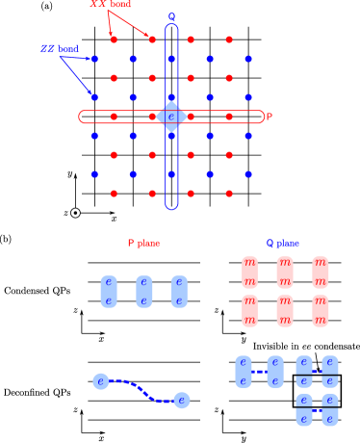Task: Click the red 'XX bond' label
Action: coord(111,5)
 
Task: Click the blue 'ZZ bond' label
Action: coord(60,49)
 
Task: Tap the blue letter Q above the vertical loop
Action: coord(171,17)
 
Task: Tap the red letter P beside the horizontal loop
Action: coord(270,117)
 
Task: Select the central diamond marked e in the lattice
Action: coord(171,117)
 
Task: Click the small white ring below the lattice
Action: coord(75,213)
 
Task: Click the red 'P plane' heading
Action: coord(143,244)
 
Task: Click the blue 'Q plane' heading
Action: coord(283,244)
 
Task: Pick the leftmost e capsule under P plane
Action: coord(109,291)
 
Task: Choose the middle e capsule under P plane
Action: coord(144,291)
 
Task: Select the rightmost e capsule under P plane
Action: coord(179,291)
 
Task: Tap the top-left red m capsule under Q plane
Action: coord(249,272)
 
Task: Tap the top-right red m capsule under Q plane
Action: coord(320,272)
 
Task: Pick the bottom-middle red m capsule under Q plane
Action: coord(285,310)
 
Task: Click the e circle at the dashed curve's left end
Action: coord(101,381)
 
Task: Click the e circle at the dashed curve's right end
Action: coord(181,400)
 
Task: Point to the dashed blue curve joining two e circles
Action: coord(141,389)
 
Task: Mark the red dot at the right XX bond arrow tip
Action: coord(152,39)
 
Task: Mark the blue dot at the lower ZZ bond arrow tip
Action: coord(94,97)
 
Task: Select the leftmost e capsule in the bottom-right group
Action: coord(244,372)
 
